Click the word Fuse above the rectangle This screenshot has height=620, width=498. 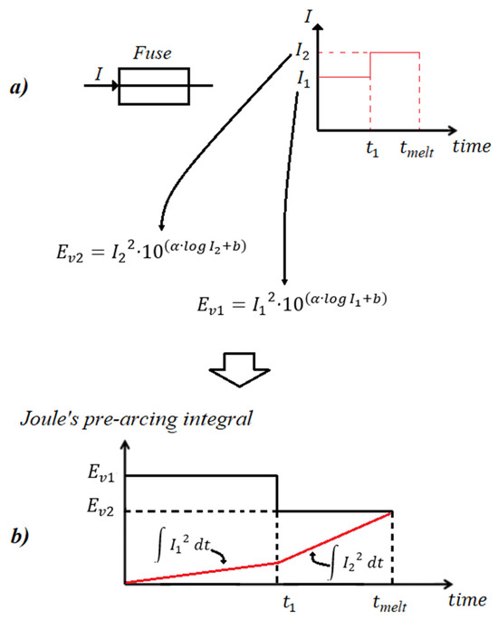pos(152,53)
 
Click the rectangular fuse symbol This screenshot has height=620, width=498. pos(154,69)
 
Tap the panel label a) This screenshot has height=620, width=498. pos(19,87)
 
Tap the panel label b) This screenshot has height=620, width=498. pos(20,537)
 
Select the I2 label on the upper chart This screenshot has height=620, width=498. pos(302,52)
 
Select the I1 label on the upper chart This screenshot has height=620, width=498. pos(303,79)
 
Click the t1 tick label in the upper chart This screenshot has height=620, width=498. pos(372,149)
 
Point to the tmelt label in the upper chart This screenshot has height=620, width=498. pos(417,149)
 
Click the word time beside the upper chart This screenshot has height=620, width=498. pos(472,147)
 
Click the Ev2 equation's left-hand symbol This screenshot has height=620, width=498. pos(70,253)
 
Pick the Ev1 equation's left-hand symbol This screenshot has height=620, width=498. pos(211,306)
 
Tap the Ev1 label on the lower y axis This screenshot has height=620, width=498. pos(101,473)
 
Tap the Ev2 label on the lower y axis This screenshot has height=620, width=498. pos(101,507)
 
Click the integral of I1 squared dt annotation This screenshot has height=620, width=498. pos(183,548)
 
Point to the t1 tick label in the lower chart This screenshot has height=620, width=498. pos(289,604)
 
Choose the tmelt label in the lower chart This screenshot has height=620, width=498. pos(390,604)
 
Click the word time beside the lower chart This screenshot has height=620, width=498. pos(467,600)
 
